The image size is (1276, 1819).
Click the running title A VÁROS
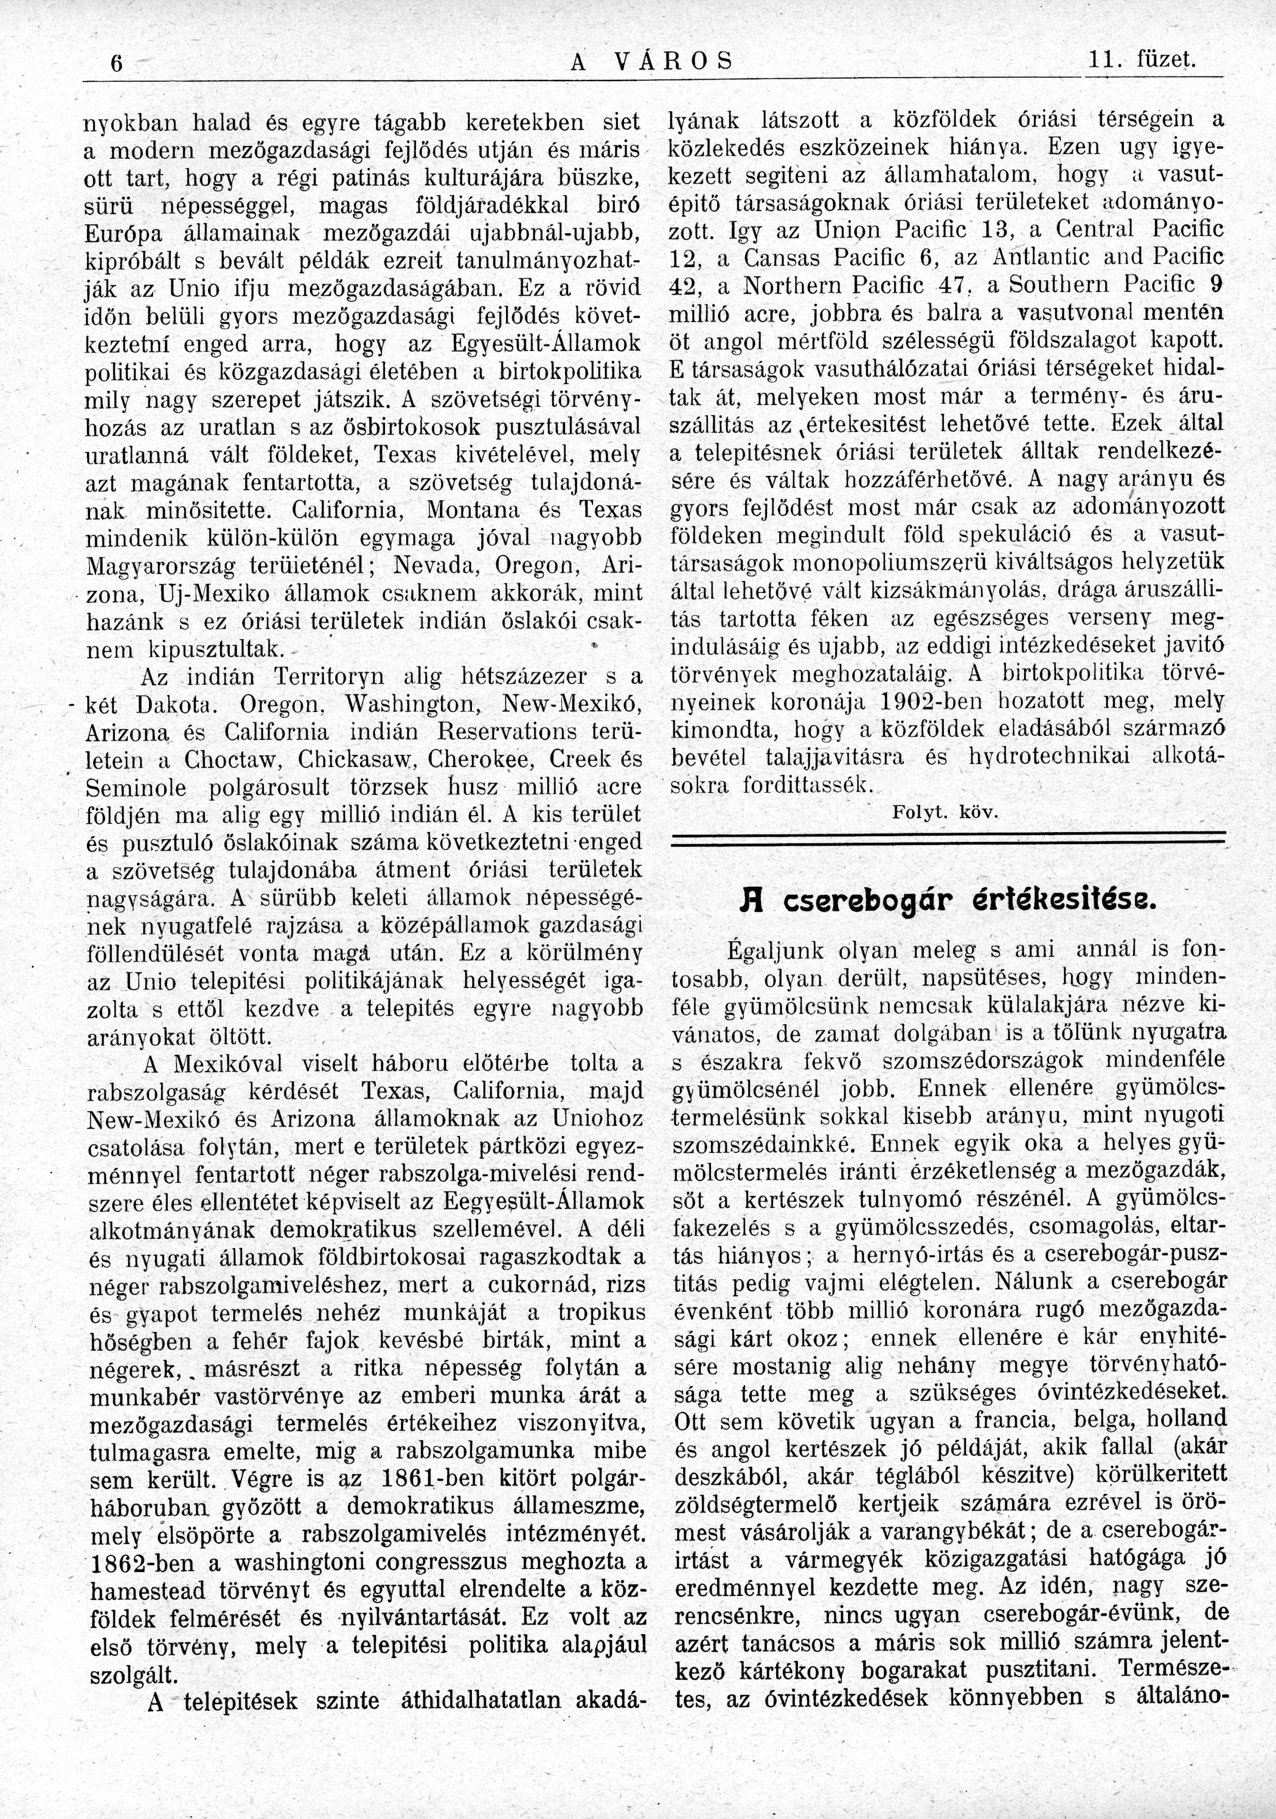(x=651, y=61)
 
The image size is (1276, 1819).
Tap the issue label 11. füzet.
(x=1141, y=61)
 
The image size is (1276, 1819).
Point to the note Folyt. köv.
(x=945, y=812)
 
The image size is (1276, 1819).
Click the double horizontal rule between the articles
(x=946, y=840)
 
